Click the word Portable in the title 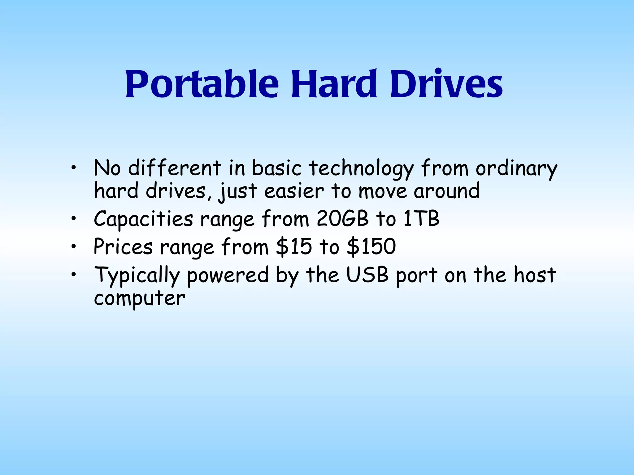tap(202, 84)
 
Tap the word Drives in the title tap(446, 84)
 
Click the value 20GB tap(343, 219)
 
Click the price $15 tap(294, 246)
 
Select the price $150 tap(371, 246)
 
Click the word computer tap(140, 299)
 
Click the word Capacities tap(143, 219)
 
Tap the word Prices tap(123, 246)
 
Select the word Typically tap(137, 275)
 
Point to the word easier tap(294, 191)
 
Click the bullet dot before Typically tap(73, 275)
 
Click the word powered tap(228, 275)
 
